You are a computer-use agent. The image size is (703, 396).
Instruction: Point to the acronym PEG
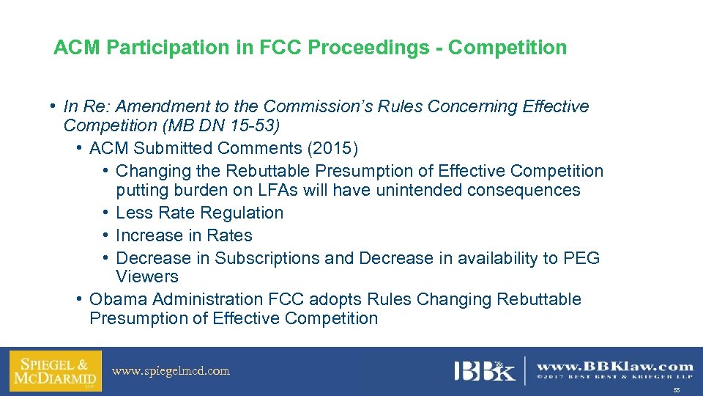click(x=581, y=259)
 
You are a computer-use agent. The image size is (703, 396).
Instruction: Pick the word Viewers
click(x=146, y=277)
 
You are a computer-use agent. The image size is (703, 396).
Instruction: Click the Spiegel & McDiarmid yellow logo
click(x=56, y=370)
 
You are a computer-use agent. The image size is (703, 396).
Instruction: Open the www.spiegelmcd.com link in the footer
click(x=171, y=371)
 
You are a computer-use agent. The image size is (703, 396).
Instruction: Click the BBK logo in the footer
click(x=485, y=370)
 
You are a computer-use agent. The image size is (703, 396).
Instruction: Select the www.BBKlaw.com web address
click(x=615, y=367)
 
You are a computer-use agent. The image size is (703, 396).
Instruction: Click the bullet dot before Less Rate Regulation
click(x=106, y=213)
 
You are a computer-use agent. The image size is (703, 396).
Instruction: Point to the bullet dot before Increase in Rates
click(x=106, y=236)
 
